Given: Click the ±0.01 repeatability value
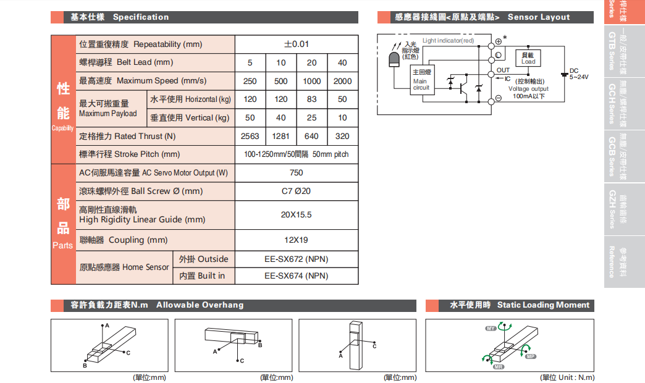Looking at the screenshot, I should coord(297,44).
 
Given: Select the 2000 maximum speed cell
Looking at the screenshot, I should coord(342,81).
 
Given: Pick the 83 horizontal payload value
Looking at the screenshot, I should coord(311,99).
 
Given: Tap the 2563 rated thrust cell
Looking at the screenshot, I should coord(250,136).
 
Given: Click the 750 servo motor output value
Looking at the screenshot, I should coord(297,173).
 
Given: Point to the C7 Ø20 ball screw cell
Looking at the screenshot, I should coord(297,191).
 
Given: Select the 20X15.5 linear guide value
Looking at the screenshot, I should coord(297,215).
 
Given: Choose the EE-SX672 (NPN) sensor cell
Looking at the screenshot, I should coord(297,259).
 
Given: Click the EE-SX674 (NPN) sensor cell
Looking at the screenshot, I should coord(297,276).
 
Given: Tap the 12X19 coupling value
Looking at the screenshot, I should coord(297,240).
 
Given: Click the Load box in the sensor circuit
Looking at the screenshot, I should coord(528,59).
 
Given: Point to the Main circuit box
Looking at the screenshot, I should coord(421,80).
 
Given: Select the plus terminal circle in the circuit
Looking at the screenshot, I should coord(499,42).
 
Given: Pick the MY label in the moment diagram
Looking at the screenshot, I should coord(492,328).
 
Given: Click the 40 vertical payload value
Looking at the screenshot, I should coord(281,117).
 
